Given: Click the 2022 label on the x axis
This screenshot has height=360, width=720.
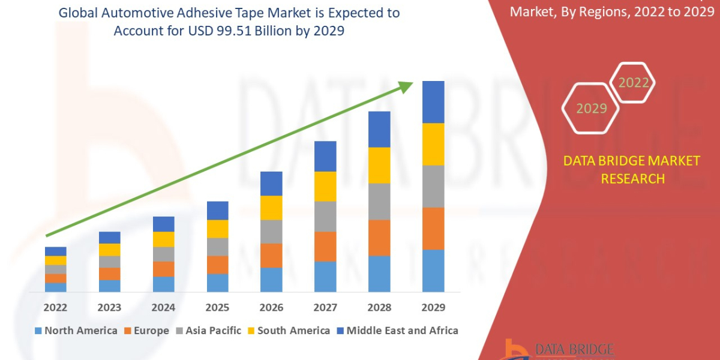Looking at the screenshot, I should [x=55, y=308].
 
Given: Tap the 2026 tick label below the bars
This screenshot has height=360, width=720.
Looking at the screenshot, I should [x=271, y=308].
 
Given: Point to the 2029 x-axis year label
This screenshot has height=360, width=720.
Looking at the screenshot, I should [x=433, y=308].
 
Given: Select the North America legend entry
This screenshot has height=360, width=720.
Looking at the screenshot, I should [x=76, y=331].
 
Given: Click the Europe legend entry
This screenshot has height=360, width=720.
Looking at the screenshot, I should [x=146, y=331].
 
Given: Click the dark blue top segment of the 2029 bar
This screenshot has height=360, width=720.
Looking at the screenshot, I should [x=433, y=102].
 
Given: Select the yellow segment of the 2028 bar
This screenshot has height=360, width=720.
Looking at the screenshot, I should [x=379, y=165].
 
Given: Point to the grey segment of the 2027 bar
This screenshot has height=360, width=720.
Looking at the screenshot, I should [x=325, y=216].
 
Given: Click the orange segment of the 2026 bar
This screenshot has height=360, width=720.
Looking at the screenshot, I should [x=271, y=256].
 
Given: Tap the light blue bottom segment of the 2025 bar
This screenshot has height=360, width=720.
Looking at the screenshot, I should [x=217, y=283].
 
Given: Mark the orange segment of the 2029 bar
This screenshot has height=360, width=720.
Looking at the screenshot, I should [x=433, y=228].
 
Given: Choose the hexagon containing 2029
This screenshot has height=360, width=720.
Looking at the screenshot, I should [x=591, y=109].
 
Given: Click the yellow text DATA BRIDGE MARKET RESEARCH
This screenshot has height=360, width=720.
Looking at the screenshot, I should [x=632, y=169].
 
